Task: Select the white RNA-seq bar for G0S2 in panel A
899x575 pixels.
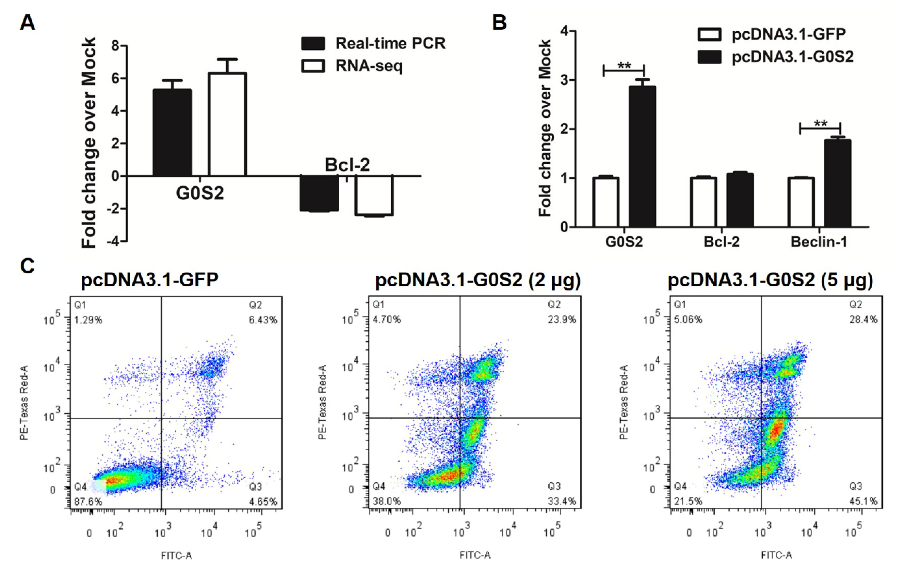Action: click(227, 124)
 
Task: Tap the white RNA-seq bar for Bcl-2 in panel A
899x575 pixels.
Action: click(374, 195)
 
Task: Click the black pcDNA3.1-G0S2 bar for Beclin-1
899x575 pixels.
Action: click(837, 183)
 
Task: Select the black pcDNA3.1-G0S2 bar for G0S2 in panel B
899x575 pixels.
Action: click(642, 157)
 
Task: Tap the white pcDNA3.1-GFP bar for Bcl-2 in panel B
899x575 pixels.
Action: click(704, 202)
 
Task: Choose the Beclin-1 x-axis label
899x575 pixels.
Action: click(819, 242)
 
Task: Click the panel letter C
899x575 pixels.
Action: click(27, 266)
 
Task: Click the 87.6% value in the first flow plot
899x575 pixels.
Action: click(88, 501)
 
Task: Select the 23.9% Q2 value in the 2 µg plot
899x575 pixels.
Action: click(562, 320)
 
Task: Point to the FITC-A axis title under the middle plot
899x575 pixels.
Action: click(475, 555)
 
